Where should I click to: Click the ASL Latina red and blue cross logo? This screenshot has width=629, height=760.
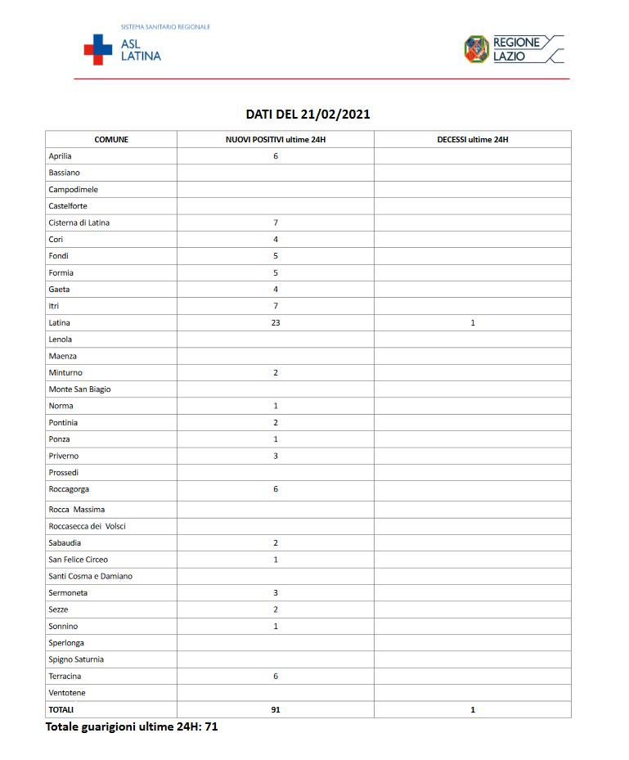(98, 49)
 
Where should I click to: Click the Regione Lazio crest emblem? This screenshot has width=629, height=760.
(476, 49)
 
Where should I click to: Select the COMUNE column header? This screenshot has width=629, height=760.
(111, 140)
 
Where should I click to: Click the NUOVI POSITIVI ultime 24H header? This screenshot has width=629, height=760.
(276, 140)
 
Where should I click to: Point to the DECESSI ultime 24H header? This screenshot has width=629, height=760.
(472, 140)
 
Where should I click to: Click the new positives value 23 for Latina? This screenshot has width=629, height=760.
(276, 323)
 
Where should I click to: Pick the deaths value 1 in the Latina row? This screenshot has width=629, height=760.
(473, 323)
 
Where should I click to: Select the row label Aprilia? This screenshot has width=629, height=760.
(61, 156)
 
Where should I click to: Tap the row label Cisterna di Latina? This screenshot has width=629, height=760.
(79, 223)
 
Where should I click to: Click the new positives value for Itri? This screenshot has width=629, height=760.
(276, 306)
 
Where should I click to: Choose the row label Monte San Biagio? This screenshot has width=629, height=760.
(80, 389)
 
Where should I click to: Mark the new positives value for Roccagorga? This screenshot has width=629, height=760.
(276, 489)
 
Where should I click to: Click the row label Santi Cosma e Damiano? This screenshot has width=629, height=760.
(91, 576)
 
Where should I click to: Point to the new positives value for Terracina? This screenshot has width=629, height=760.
(276, 677)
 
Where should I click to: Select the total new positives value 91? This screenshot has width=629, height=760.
(276, 710)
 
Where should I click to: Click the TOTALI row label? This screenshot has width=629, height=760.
(61, 710)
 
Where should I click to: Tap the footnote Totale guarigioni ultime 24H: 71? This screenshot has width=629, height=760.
(132, 726)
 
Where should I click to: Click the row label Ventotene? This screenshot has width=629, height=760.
(67, 693)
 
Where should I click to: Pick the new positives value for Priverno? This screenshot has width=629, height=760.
(276, 456)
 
